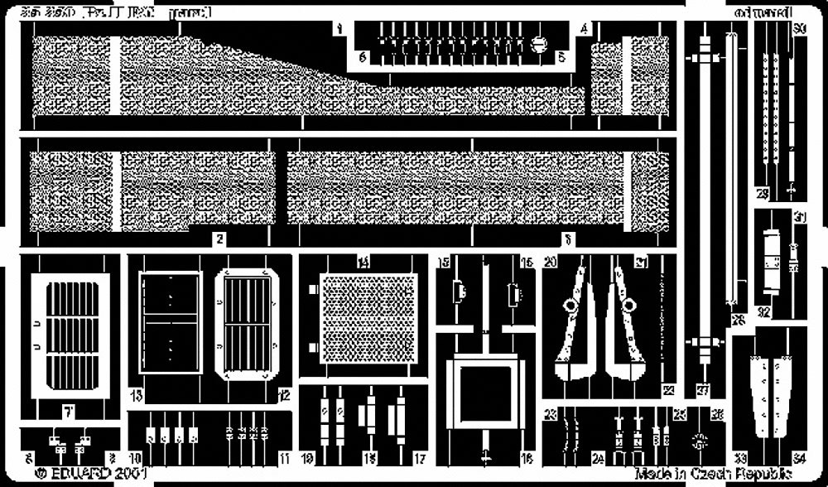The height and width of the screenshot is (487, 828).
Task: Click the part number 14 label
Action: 363,262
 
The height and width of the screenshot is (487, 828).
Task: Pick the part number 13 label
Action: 135,393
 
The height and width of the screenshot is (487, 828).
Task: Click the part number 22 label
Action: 668,391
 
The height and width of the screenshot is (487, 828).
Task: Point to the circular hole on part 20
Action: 569,306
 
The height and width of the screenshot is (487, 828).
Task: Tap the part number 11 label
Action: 284,457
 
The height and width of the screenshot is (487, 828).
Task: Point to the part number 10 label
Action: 135,457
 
